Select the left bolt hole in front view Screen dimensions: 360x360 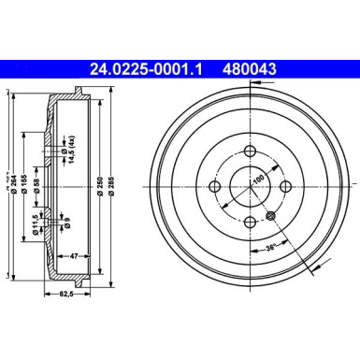pyautogui.click(x=215, y=188)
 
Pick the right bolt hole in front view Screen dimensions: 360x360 pyautogui.click(x=284, y=188)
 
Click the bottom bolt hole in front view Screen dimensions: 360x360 pyautogui.click(x=250, y=222)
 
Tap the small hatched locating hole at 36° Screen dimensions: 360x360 pyautogui.click(x=271, y=217)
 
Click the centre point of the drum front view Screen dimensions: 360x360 pyautogui.click(x=250, y=188)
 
